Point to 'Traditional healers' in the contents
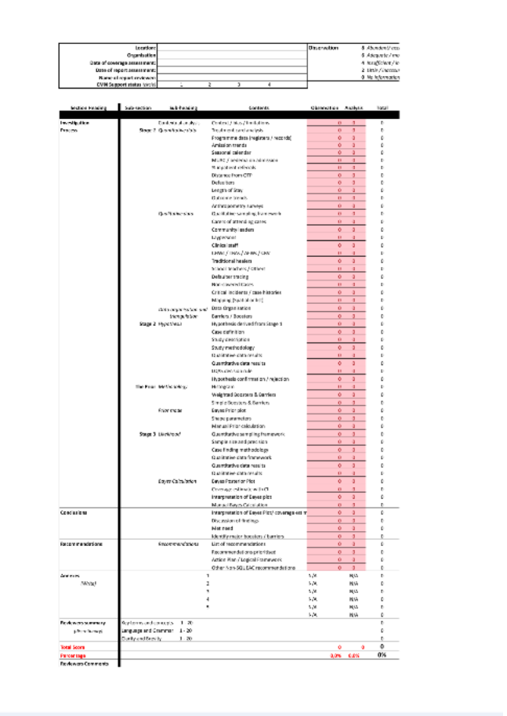click(x=230, y=260)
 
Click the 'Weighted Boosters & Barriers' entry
click(x=243, y=393)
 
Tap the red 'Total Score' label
click(x=72, y=647)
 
